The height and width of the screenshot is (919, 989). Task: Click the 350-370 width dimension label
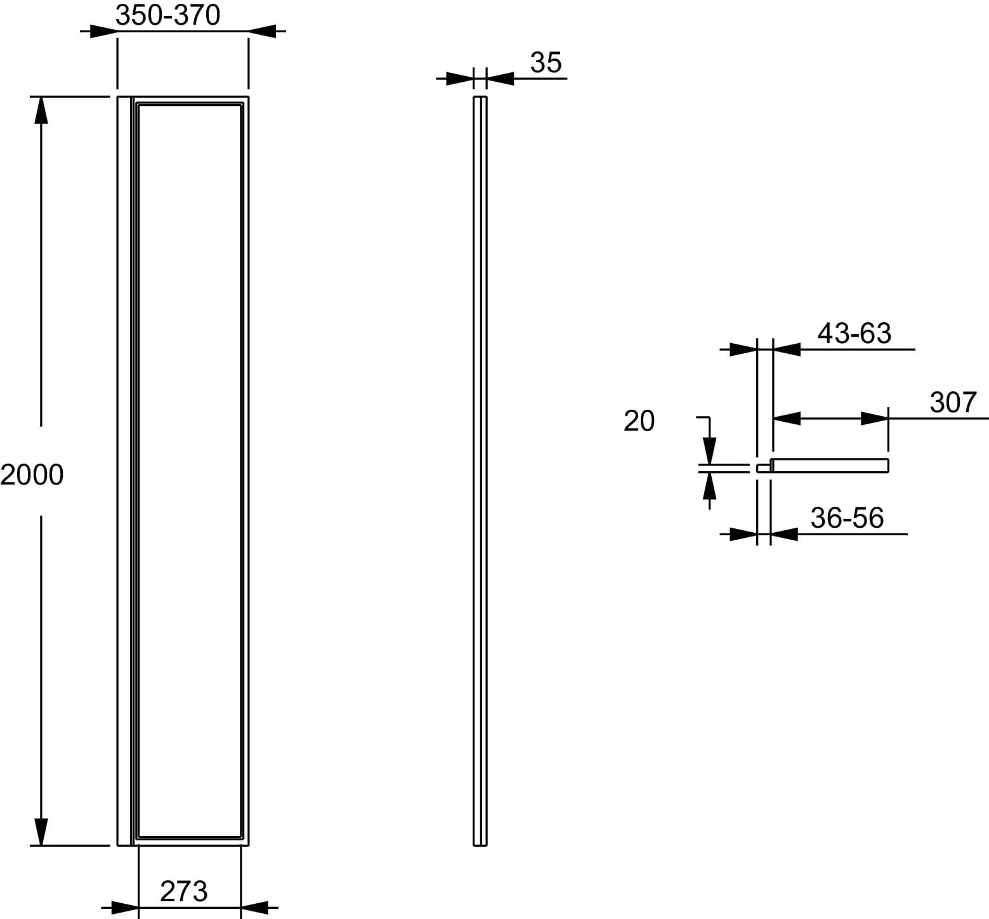point(168,15)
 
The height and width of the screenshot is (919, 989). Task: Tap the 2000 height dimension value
point(32,474)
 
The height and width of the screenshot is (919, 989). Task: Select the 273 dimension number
point(184,891)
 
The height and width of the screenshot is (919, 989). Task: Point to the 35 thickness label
point(546,63)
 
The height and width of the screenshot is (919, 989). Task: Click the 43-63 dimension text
point(854,333)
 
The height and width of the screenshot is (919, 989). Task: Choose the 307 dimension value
point(953,402)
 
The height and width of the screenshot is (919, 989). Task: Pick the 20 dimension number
point(639,420)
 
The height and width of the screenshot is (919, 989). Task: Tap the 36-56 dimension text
point(847,518)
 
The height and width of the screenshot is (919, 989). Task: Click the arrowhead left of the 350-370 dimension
point(103,31)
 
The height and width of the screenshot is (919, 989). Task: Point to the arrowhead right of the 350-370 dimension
point(262,31)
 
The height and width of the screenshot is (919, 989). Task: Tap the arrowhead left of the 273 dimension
point(124,908)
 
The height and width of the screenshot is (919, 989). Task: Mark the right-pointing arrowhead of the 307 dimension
point(875,419)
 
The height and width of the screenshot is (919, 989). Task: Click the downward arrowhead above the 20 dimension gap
point(709,451)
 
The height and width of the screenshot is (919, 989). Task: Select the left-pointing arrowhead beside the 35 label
point(499,79)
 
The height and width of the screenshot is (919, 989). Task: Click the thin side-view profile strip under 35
point(480,471)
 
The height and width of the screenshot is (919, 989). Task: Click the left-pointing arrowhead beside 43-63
point(787,349)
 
